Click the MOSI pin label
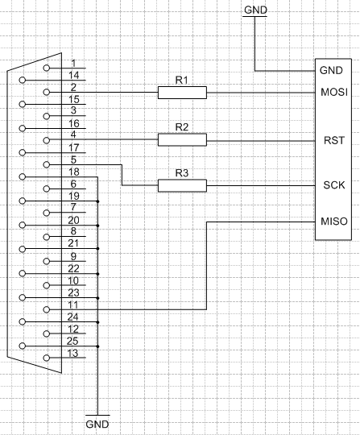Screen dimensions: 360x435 tap(334, 92)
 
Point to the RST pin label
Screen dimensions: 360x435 tap(334, 140)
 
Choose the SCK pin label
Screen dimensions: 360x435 tap(334, 185)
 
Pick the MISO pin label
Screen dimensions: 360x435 tap(334, 222)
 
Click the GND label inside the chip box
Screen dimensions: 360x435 tap(331, 70)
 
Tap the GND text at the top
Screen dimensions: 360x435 tap(256, 10)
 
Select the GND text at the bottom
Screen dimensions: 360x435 tap(97, 425)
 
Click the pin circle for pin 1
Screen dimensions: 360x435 tap(47, 68)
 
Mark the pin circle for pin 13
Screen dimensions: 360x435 tap(47, 358)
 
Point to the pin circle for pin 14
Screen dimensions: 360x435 tap(23, 81)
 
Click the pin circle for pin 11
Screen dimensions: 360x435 tap(47, 309)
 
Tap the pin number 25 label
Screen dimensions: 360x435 tap(72, 342)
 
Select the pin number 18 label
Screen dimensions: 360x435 tap(74, 172)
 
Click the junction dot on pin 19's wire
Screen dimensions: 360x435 tap(98, 201)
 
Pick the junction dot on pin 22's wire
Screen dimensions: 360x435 tap(98, 274)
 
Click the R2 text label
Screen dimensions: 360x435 tap(182, 127)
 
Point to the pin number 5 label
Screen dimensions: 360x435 tap(73, 160)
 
